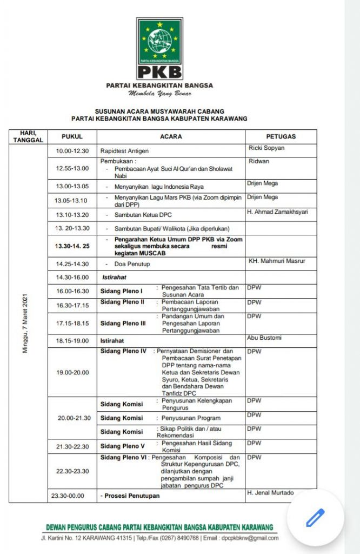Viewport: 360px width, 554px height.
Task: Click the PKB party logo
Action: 159,48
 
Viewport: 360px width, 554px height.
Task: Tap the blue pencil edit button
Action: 315,518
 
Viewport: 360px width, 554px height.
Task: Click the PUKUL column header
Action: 72,137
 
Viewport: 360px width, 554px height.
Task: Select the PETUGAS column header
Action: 281,137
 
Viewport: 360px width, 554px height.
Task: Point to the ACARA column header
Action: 171,137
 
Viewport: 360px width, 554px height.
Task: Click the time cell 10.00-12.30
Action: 72,151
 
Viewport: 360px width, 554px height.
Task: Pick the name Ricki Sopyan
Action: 266,148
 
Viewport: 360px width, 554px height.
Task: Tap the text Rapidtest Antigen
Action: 125,151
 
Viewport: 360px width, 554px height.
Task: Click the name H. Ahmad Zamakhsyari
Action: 277,212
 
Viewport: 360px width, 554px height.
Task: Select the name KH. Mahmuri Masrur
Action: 276,261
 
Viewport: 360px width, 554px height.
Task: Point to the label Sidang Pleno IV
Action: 123,351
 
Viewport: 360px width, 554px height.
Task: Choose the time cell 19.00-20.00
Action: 72,372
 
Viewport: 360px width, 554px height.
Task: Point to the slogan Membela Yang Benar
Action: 159,94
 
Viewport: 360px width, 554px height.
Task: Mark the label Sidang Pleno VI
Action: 123,458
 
